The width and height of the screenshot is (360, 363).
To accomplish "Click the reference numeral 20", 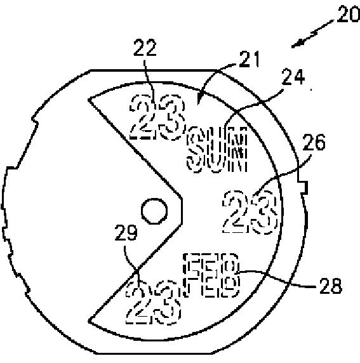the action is click(x=348, y=14).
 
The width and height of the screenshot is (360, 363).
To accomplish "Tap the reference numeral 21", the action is click(x=250, y=59).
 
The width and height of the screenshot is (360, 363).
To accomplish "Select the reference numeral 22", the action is click(x=145, y=48).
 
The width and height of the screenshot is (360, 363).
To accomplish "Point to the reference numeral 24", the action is click(x=293, y=76).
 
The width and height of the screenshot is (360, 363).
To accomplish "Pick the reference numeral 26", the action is click(x=314, y=142).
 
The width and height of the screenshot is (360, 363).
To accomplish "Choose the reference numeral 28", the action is click(x=331, y=286).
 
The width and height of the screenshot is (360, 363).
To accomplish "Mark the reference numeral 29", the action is click(x=126, y=232).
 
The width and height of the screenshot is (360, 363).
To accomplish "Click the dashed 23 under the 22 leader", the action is click(x=157, y=117).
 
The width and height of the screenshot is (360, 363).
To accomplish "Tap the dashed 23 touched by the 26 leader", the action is click(x=250, y=211).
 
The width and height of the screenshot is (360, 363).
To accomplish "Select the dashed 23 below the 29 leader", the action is click(x=153, y=302).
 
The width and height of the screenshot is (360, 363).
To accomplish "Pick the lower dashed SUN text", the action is click(x=217, y=160).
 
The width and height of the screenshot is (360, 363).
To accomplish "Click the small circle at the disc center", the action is click(x=154, y=211).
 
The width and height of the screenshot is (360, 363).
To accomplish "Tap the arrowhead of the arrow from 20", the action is click(x=297, y=44).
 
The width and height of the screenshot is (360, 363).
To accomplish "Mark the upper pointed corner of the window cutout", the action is click(x=89, y=100).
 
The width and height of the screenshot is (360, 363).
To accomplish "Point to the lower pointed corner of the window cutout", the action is click(x=89, y=321).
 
